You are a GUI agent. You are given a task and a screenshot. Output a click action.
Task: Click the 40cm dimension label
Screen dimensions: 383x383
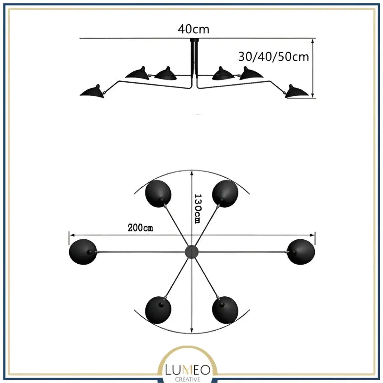pos(193,29)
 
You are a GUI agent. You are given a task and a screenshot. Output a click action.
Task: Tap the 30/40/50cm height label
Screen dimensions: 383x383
pos(274,56)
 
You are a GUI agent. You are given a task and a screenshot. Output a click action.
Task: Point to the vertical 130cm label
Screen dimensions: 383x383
pos(198,209)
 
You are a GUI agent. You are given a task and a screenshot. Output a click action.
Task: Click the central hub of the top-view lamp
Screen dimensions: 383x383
pos(191,251)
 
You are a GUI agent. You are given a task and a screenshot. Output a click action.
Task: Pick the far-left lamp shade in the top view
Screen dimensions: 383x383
pos(82,252)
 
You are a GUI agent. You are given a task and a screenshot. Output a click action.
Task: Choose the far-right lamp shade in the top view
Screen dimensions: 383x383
pos(301,252)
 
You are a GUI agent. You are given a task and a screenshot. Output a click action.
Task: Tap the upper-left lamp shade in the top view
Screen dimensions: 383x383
pos(158,194)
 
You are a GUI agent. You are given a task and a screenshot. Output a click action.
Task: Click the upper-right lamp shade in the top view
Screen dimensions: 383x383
pos(225,194)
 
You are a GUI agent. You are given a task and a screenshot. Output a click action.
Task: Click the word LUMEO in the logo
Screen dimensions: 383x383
pos(188,370)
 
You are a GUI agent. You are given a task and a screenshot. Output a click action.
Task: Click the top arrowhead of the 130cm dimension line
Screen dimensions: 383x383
pos(191,172)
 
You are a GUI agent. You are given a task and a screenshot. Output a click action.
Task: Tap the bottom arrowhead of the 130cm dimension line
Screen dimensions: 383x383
pos(191,331)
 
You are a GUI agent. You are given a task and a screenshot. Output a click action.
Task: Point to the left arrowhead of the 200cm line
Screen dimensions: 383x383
pos(71,235)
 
